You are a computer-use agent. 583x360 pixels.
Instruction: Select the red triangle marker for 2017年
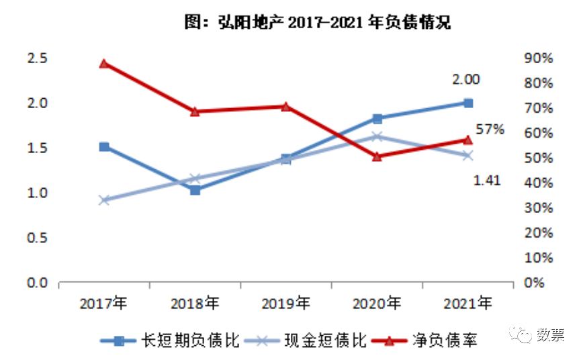click(x=104, y=64)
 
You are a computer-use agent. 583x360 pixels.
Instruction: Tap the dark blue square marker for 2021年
click(x=468, y=103)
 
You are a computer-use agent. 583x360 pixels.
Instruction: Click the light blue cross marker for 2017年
click(x=104, y=200)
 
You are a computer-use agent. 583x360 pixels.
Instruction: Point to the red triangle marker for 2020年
click(x=377, y=156)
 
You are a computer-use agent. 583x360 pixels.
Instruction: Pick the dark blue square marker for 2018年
click(x=195, y=190)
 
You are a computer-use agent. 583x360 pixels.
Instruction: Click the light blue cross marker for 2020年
click(x=377, y=136)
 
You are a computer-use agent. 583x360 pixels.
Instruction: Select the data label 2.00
click(x=465, y=79)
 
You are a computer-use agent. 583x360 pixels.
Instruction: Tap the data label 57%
click(x=490, y=130)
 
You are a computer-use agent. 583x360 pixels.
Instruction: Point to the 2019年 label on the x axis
click(x=286, y=304)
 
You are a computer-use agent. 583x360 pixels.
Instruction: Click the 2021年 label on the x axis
click(x=468, y=304)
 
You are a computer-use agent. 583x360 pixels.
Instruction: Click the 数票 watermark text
click(x=550, y=334)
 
